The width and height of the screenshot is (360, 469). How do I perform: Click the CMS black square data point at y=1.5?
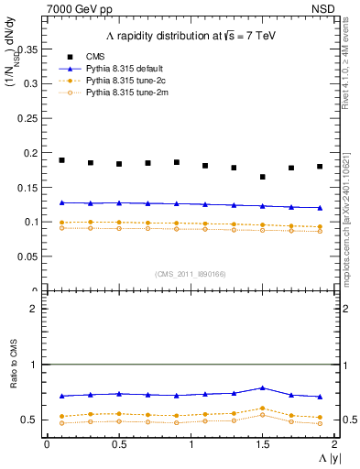coord(263,177)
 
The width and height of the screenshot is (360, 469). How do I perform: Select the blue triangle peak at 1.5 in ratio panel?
coord(263,388)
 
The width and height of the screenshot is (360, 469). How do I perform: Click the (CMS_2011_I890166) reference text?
coord(191,274)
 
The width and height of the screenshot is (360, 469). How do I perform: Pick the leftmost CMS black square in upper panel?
coord(61,160)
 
